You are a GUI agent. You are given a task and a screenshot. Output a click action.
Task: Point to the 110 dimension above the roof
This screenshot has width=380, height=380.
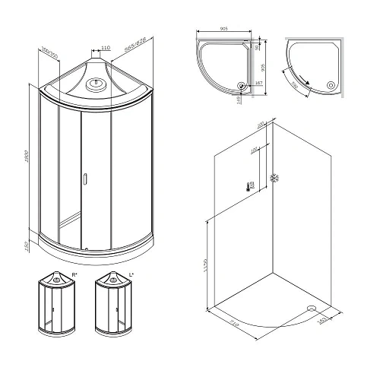pyautogui.click(x=106, y=46)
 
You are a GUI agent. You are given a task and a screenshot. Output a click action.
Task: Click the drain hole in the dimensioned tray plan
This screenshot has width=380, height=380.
pyautogui.click(x=243, y=86)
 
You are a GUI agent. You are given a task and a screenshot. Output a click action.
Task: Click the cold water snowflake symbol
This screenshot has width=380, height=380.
pyautogui.click(x=274, y=178)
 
